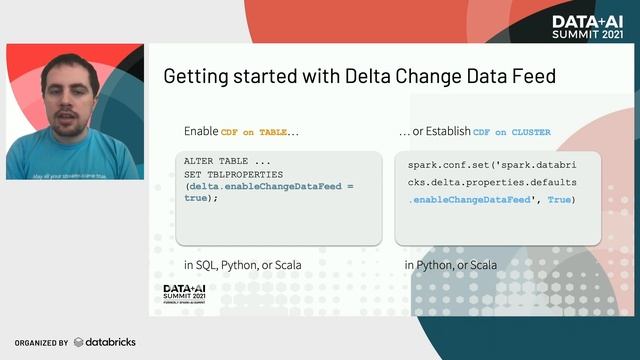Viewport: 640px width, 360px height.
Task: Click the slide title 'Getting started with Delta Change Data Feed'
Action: tap(359, 76)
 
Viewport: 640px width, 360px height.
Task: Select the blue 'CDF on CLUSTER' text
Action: tap(511, 132)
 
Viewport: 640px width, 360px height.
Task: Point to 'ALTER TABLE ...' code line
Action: tap(223, 161)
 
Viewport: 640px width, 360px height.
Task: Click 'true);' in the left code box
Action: tap(201, 198)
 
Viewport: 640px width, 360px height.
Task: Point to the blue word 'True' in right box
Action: tap(559, 200)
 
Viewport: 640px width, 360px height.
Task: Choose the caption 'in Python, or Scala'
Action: tap(451, 265)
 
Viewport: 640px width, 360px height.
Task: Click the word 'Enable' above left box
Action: tap(201, 131)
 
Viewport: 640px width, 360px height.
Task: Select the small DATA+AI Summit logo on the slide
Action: tap(186, 294)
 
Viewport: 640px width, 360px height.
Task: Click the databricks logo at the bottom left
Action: tap(105, 342)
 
